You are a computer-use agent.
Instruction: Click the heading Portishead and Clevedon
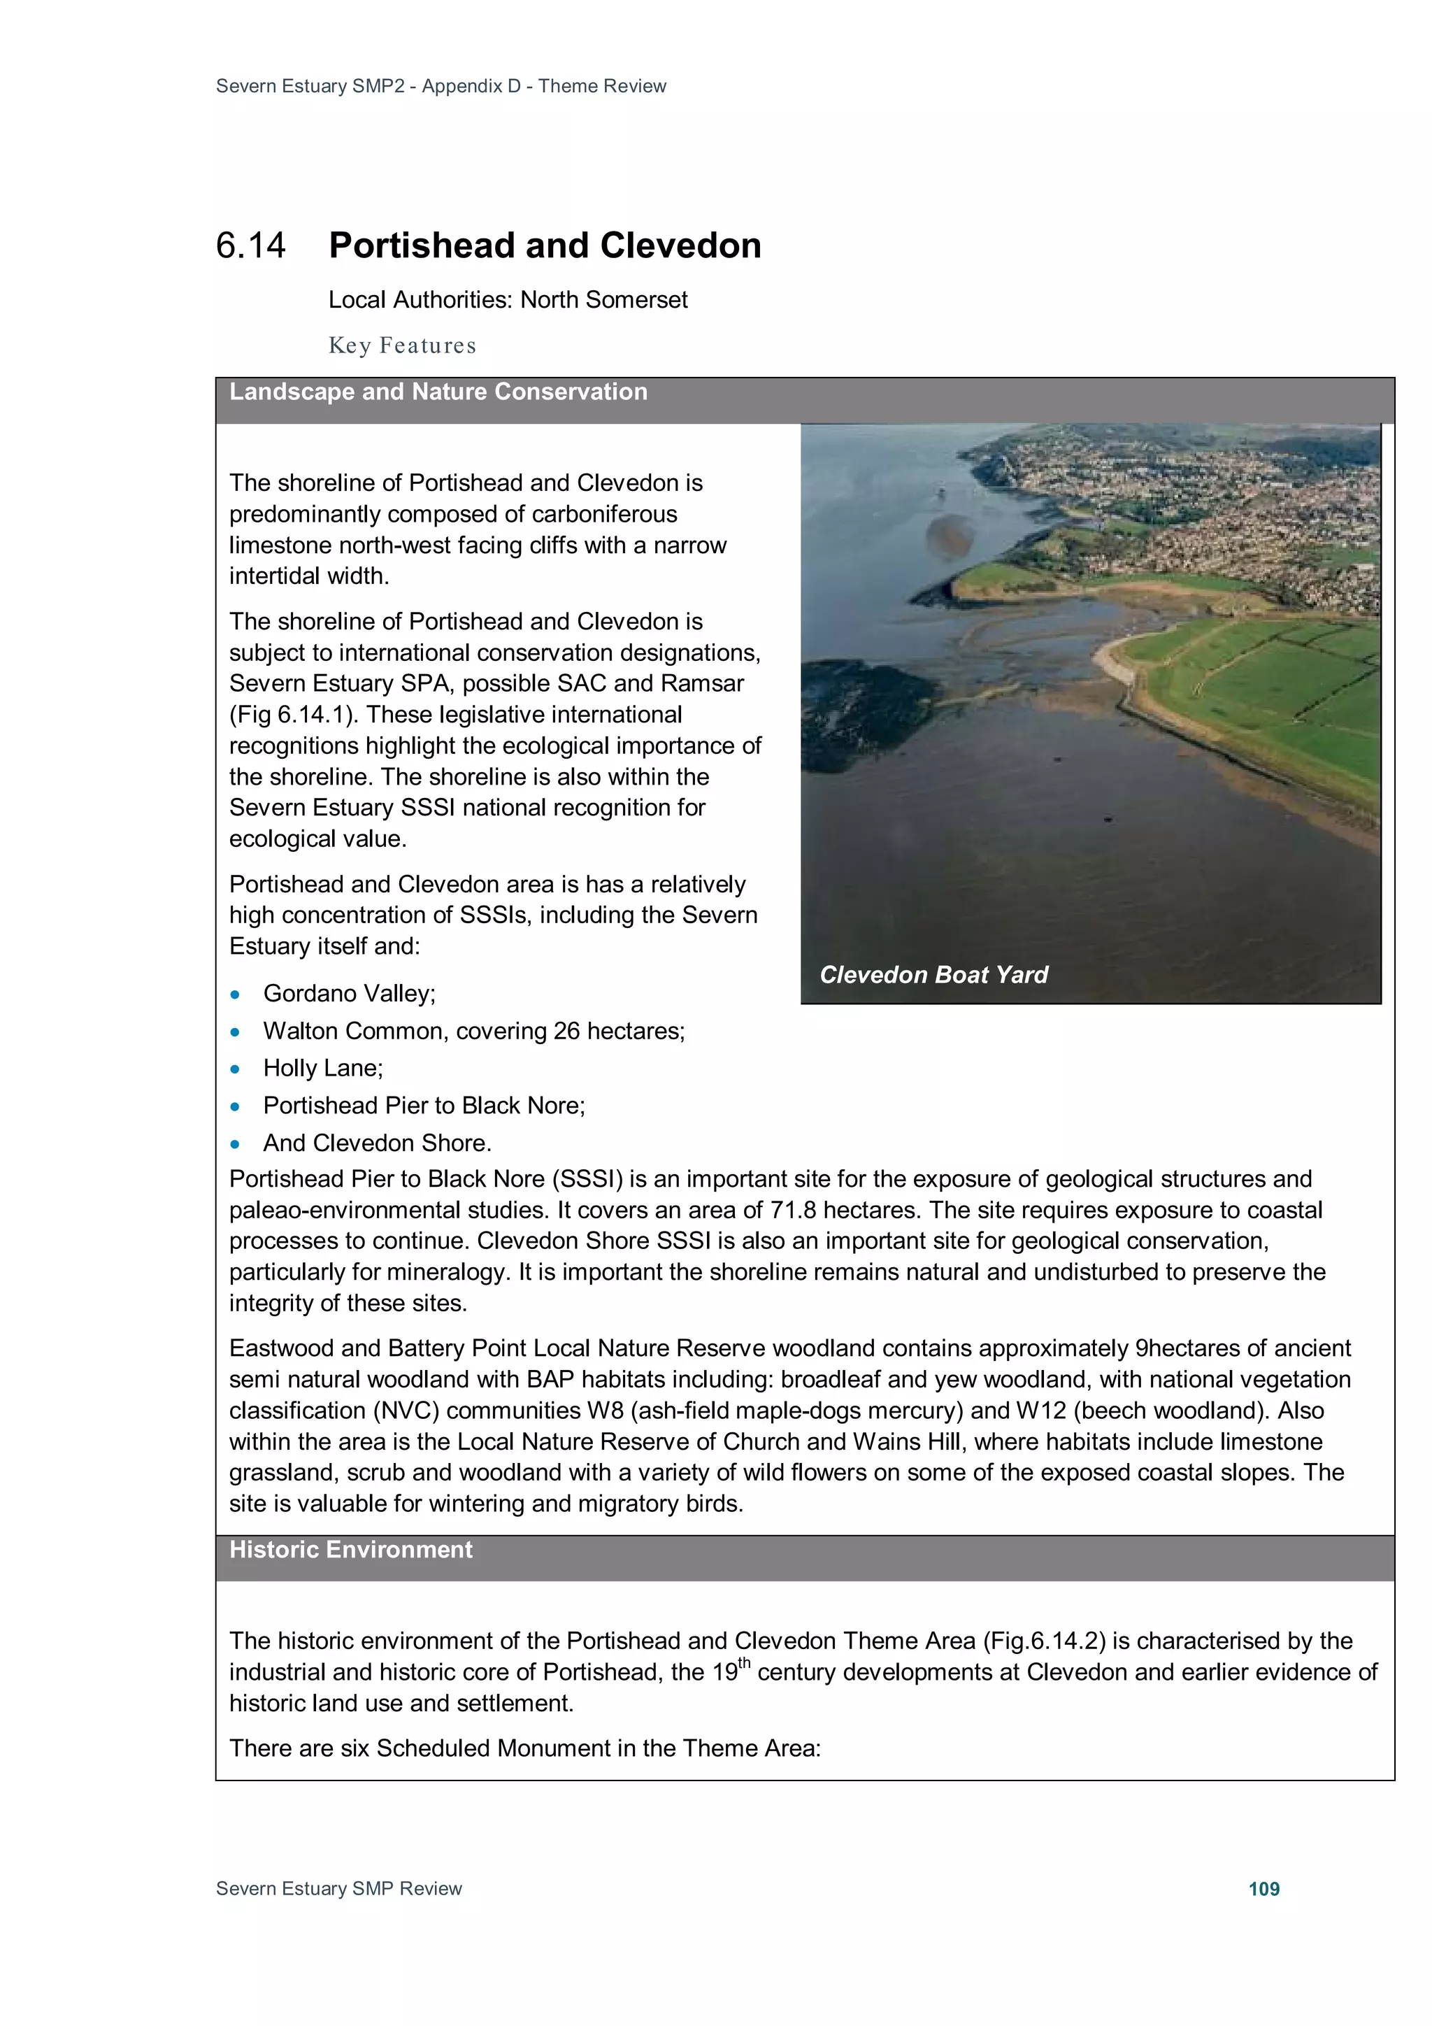tap(545, 246)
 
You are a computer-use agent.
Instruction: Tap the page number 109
tap(1263, 1888)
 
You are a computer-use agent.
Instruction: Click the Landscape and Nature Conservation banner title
tap(438, 392)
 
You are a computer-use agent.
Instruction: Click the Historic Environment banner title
tap(350, 1550)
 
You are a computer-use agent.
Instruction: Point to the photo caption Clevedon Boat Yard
tap(933, 974)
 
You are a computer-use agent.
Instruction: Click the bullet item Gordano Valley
tap(350, 994)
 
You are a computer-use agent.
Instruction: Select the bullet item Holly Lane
tap(323, 1069)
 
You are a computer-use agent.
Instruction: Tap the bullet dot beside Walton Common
tap(235, 1032)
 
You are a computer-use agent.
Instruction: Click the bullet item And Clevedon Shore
tap(377, 1143)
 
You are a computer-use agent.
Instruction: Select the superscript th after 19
tap(744, 1663)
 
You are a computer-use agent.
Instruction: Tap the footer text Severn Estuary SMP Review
tap(339, 1888)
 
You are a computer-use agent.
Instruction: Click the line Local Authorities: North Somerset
tap(508, 300)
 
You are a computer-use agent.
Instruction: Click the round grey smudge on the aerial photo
tap(950, 536)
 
